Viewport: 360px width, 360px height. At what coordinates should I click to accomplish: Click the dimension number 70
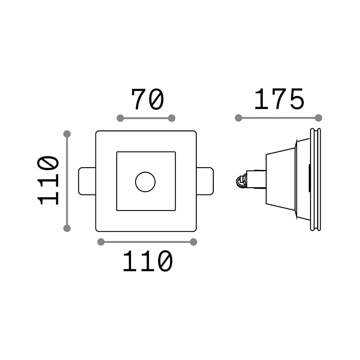pos(148,99)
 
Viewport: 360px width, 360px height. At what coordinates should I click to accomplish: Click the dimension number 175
pos(279,99)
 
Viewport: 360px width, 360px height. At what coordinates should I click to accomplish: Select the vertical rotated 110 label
pos(48,180)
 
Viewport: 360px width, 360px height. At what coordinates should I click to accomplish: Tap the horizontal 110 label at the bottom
pos(148,261)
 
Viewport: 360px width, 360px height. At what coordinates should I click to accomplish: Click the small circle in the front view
pos(145,182)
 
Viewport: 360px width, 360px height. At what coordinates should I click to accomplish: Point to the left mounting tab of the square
pos(87,181)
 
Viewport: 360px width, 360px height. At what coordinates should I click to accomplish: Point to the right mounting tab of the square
pos(205,181)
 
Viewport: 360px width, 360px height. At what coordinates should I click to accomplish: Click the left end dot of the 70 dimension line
pos(120,118)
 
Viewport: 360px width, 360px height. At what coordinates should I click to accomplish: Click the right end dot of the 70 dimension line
pos(171,118)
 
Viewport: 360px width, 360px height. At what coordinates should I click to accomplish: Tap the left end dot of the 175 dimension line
pos(239,118)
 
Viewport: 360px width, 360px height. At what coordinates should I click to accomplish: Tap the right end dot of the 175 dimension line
pos(319,118)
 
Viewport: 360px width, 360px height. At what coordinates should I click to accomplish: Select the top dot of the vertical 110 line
pos(67,134)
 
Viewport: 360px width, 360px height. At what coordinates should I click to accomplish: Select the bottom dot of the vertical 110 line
pos(67,228)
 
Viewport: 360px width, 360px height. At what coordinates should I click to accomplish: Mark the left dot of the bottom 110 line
pos(101,242)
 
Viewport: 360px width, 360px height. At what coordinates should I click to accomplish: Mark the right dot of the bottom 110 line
pos(194,242)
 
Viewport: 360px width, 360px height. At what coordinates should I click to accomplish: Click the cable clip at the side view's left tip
pos(241,181)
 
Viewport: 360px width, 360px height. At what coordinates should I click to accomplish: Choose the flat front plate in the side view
pos(315,180)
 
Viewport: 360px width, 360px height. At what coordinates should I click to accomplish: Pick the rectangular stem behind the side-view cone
pos(256,179)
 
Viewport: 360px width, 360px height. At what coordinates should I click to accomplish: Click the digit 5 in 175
pos(297,99)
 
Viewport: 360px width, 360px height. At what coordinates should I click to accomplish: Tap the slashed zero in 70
pos(156,99)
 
